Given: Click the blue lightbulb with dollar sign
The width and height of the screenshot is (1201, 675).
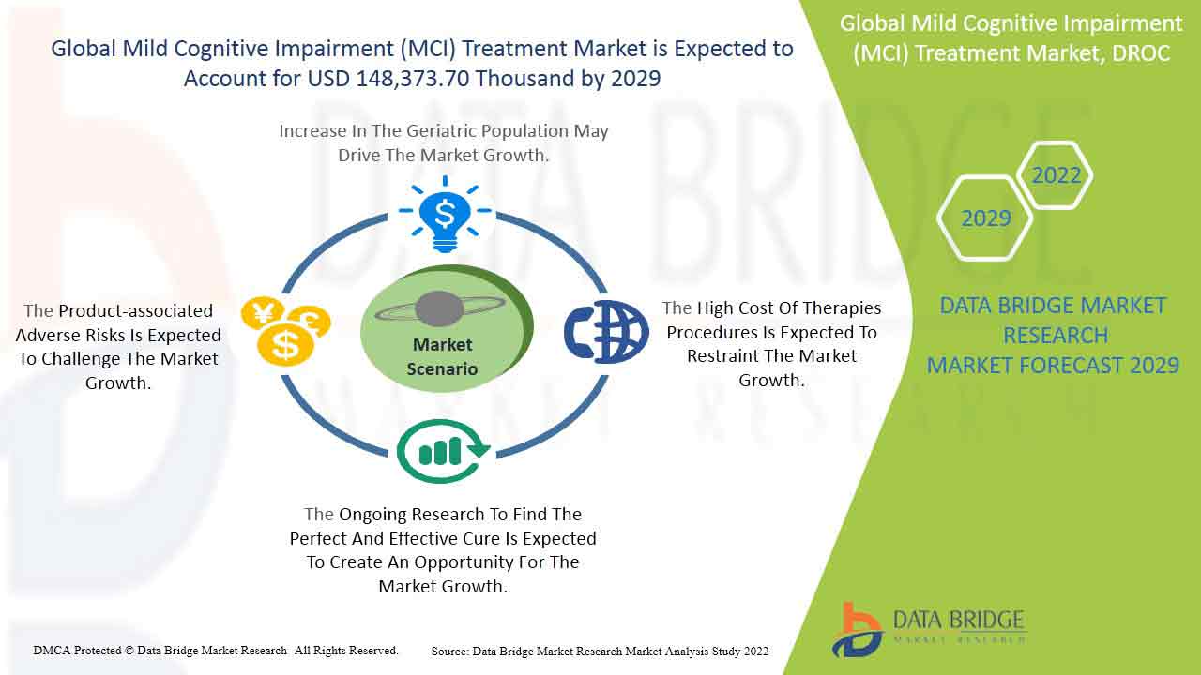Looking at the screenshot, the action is [445, 215].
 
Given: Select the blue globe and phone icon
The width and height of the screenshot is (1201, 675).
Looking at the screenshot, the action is [606, 332].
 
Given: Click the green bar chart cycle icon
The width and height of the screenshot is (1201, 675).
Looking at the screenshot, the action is [443, 452].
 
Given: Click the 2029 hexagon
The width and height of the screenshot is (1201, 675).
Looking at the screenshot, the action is [985, 218].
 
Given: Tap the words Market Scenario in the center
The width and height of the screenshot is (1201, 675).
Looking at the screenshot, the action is [442, 357].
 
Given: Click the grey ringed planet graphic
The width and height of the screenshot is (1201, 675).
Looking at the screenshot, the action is [440, 309].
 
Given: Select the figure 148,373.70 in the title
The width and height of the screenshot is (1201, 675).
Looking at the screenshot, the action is [413, 79].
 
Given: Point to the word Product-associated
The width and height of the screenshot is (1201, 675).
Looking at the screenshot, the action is [136, 310].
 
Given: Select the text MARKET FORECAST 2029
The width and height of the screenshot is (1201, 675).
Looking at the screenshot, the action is [1053, 366].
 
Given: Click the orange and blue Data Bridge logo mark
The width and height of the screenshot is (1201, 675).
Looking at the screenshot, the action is [857, 630].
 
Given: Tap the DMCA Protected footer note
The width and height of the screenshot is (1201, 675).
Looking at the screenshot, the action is [216, 651].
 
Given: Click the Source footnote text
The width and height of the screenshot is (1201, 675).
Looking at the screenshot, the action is [600, 652].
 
